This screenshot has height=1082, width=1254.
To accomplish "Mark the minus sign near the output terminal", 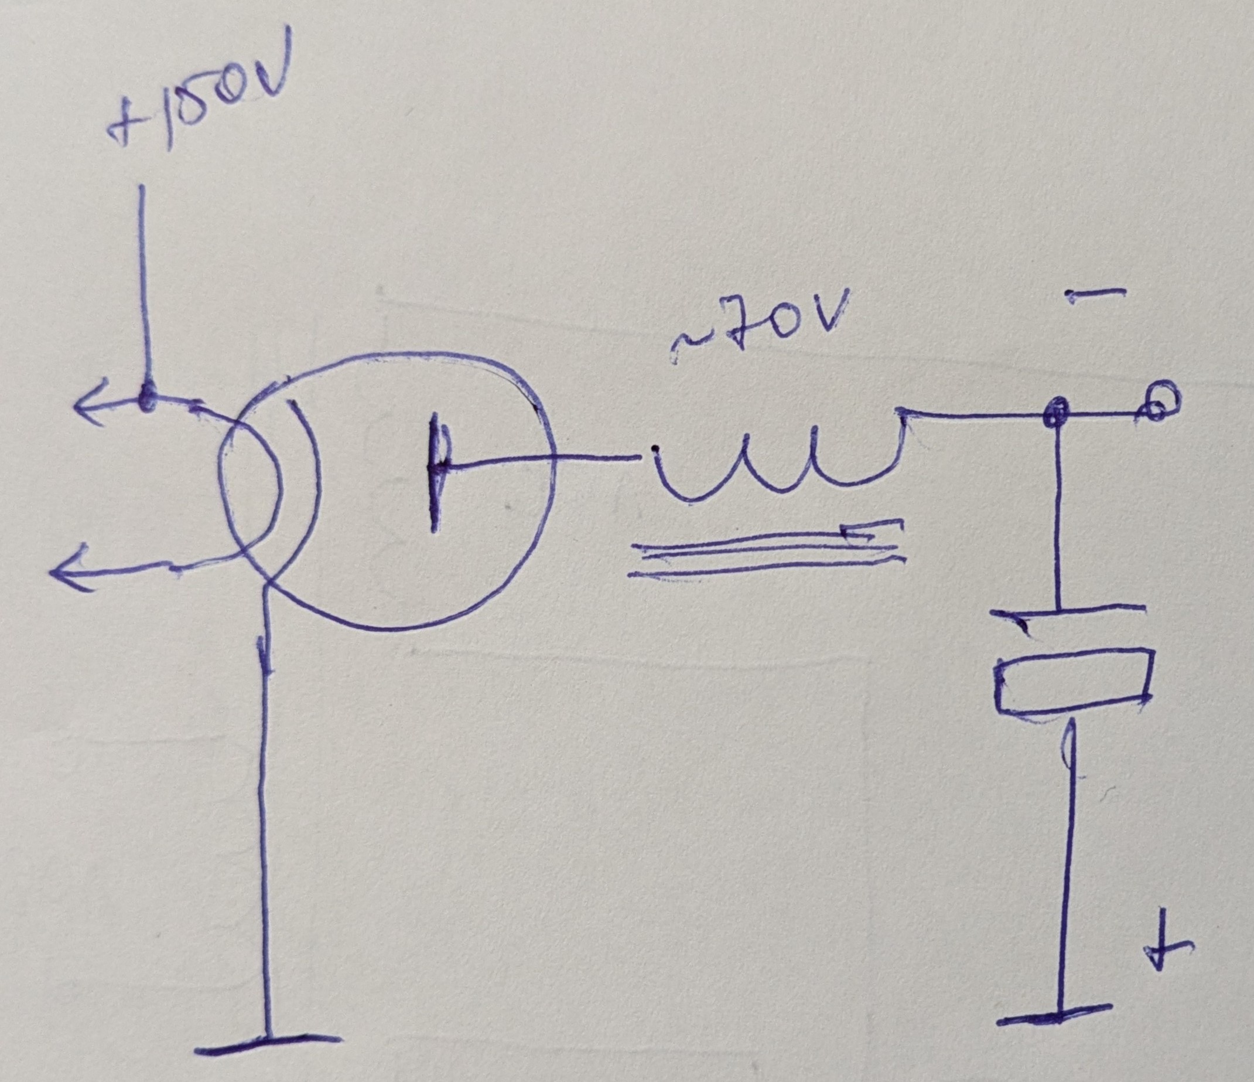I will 1095,294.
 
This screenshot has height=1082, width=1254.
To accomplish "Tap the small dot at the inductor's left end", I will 654,449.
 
